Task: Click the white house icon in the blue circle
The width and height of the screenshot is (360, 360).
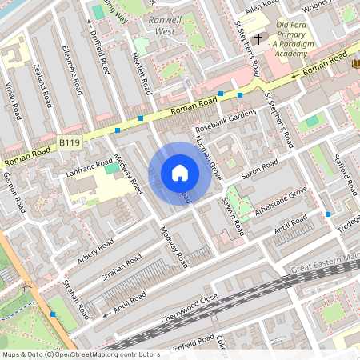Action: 180,172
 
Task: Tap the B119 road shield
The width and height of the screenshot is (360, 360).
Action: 70,142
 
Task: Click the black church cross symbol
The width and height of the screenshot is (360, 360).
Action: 258,38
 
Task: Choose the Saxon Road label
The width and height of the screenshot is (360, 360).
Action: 260,169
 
